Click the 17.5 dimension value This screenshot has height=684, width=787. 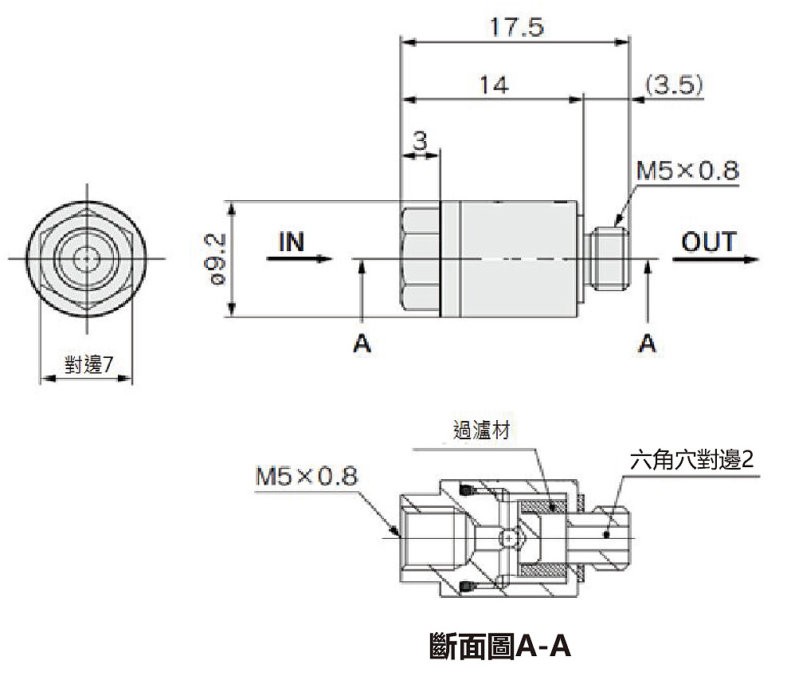point(515,28)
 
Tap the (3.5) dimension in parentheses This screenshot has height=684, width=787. point(674,85)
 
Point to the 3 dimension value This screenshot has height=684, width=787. point(421,140)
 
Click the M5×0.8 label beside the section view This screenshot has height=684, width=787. point(307,477)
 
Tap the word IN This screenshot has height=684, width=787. point(292,241)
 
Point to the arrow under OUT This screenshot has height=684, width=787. point(717,259)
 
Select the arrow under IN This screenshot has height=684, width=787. point(303,258)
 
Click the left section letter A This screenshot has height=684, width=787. point(362,343)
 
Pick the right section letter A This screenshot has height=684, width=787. point(648,343)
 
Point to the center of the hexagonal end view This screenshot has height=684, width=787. point(84,258)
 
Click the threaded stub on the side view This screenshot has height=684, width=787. point(612,258)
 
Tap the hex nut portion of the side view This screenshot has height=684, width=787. point(421,258)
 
